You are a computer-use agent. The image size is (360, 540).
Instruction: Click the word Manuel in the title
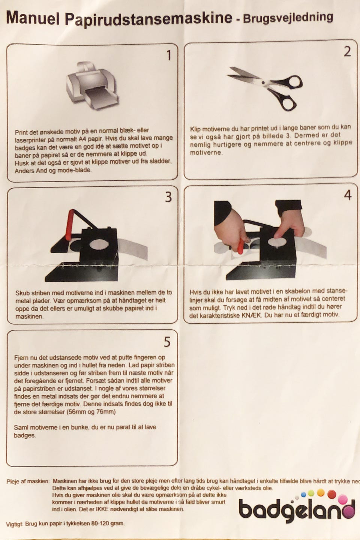33,18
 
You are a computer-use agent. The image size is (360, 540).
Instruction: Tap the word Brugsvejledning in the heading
288,18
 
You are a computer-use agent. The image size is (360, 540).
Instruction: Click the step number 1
169,55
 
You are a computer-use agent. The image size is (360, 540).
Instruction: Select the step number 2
347,52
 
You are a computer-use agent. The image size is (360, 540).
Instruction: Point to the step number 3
168,197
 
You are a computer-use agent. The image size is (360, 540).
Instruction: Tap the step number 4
348,195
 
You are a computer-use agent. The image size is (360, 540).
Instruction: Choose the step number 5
167,342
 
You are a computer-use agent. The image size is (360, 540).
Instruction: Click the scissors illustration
265,88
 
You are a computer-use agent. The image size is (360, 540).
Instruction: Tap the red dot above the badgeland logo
332,494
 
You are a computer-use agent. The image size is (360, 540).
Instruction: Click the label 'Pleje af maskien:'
28,481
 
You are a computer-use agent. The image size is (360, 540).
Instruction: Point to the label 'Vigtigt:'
15,523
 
